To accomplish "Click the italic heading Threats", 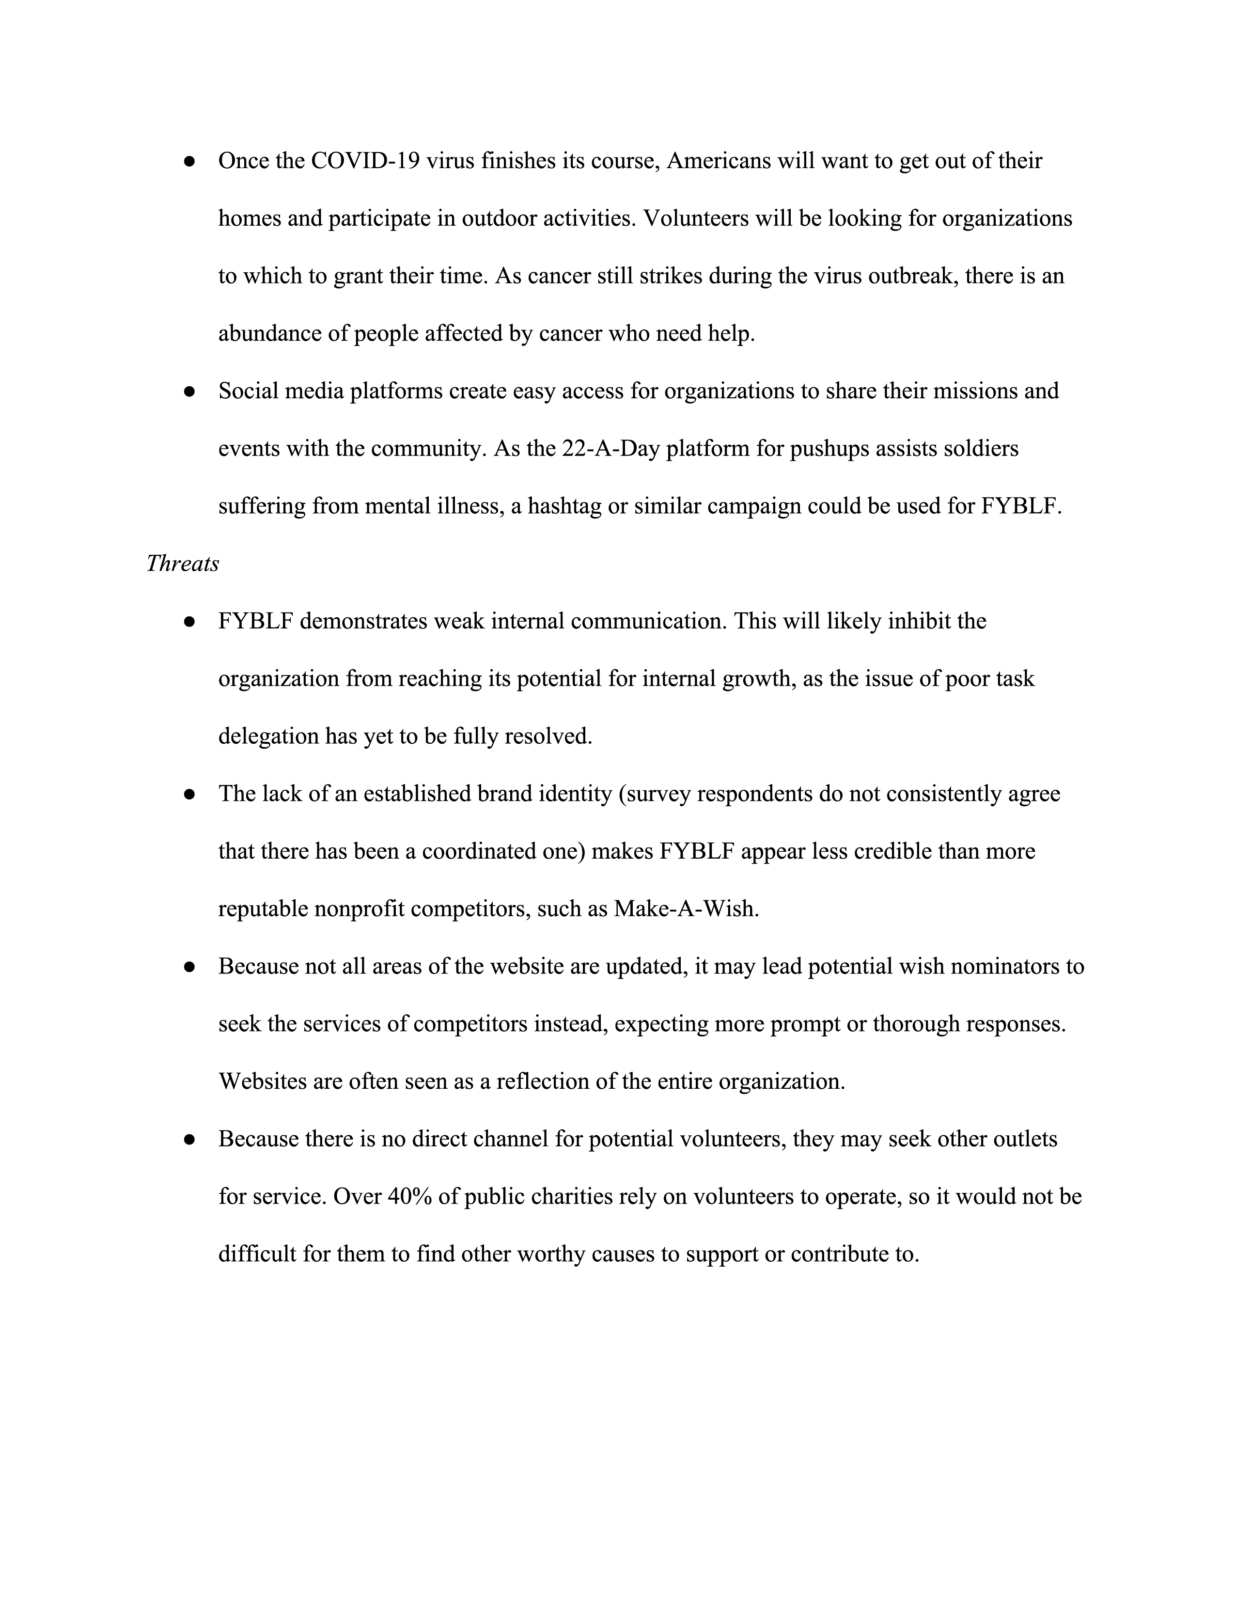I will tap(182, 564).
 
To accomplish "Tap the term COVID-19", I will tap(365, 161).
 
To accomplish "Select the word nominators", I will tap(998, 967).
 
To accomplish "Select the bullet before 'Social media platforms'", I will tap(189, 392).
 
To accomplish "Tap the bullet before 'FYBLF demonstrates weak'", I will tap(189, 622).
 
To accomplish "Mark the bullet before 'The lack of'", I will tap(189, 794).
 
